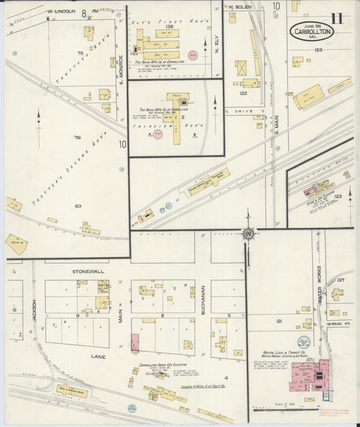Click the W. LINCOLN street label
point(62,12)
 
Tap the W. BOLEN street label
point(240,7)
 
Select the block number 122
point(242,93)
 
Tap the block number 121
point(278,322)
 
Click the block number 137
point(340,280)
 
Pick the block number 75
point(80,53)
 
